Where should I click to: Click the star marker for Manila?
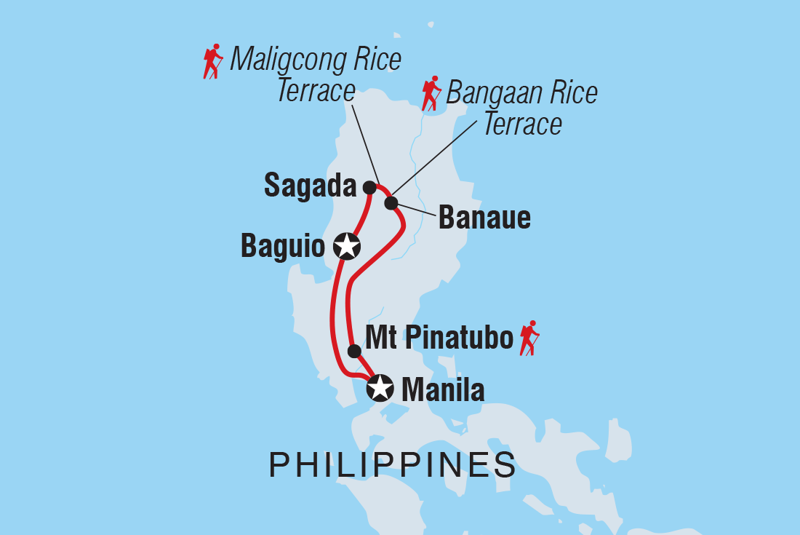coord(380,388)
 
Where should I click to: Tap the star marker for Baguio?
coord(347,247)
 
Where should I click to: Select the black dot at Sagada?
coord(369,188)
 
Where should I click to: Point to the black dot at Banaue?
coord(391,202)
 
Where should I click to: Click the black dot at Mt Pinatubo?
coord(354,351)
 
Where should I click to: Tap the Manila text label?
coord(442,390)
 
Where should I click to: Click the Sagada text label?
coord(310,186)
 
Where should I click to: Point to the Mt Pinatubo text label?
coord(439,338)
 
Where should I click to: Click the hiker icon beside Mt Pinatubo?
coord(529,338)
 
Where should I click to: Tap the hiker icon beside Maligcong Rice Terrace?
coord(212,61)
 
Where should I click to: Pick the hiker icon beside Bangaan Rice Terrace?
coord(431,93)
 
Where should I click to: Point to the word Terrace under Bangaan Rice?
coord(522,124)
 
